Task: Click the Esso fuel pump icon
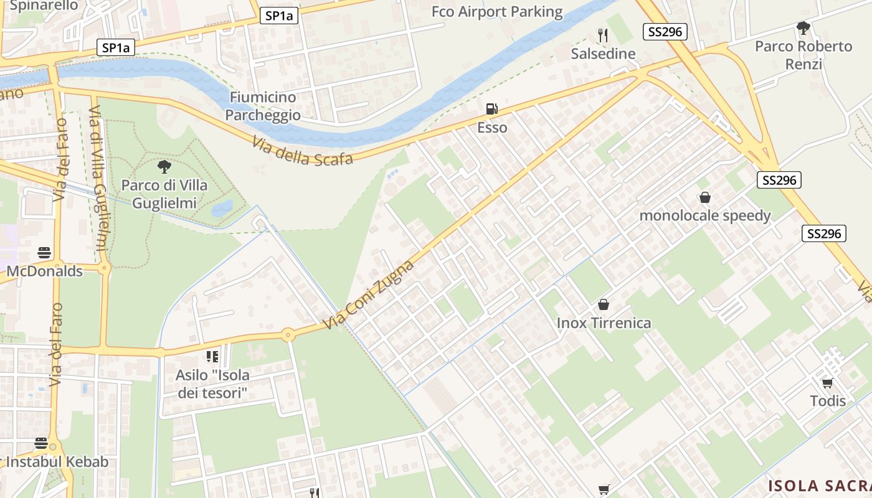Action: point(491,109)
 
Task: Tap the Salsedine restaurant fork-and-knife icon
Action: point(602,35)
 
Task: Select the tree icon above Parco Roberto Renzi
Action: point(803,27)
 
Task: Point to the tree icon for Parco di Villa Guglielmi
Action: point(164,166)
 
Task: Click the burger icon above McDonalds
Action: point(44,253)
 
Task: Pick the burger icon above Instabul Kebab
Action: point(41,443)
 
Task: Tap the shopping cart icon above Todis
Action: point(827,383)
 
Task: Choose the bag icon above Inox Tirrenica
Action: point(603,304)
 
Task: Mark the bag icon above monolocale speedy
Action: point(705,197)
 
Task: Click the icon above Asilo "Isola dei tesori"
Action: point(212,357)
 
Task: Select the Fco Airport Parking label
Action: point(497,12)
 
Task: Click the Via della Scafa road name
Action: point(303,151)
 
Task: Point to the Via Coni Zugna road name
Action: point(369,295)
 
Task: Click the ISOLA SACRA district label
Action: point(819,486)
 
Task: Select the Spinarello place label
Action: point(44,6)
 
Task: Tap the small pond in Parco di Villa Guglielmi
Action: point(222,208)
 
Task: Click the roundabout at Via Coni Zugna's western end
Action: point(288,335)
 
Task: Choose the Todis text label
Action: point(828,400)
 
